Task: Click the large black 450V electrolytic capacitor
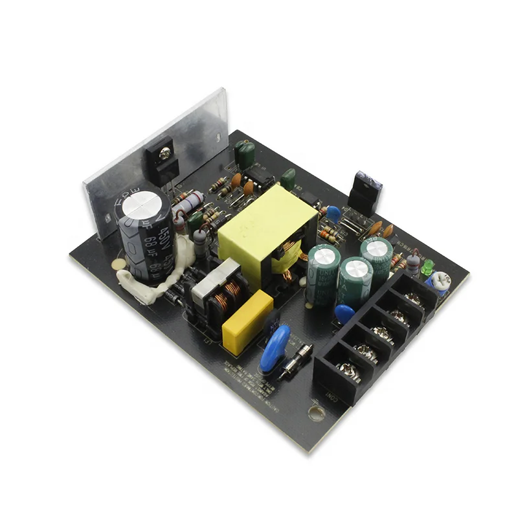(x=144, y=236)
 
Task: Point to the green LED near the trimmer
(x=427, y=267)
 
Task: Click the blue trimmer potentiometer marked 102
(x=440, y=282)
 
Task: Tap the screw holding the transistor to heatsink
(x=166, y=152)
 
